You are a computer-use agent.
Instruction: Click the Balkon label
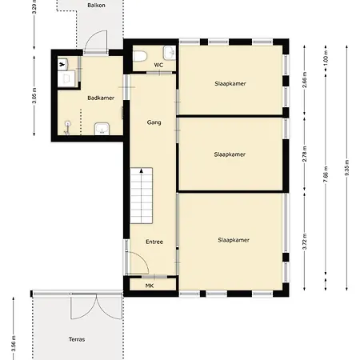point(98,4)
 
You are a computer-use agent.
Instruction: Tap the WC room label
point(158,65)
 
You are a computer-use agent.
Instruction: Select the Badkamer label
point(100,98)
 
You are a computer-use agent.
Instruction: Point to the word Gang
point(154,122)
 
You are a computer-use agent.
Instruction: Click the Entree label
point(154,241)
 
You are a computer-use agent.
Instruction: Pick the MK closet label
point(149,286)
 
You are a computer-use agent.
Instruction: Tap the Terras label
point(77,339)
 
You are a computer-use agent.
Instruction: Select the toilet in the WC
point(140,56)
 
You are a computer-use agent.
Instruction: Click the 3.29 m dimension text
point(33,11)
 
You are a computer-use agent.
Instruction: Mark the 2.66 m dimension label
point(305,83)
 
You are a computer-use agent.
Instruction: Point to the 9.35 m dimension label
point(346,174)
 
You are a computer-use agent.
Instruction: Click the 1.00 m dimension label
point(326,60)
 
